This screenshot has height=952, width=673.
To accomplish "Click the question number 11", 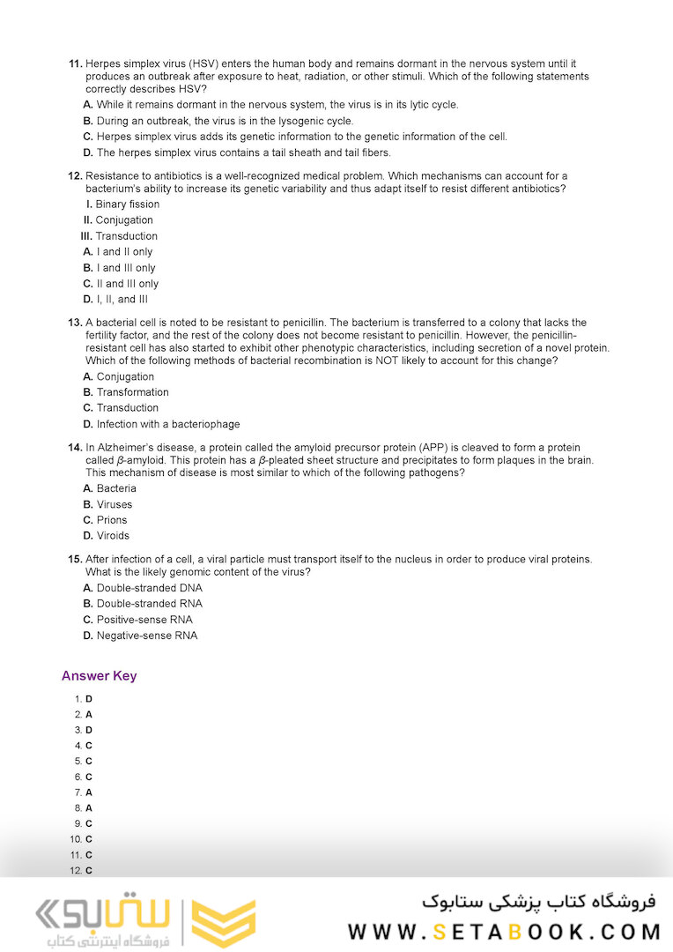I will (x=75, y=64).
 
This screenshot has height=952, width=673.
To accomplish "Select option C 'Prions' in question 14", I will (x=111, y=520).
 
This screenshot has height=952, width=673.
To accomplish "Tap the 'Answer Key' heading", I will (x=99, y=676).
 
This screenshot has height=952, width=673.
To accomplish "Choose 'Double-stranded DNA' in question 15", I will (x=149, y=588).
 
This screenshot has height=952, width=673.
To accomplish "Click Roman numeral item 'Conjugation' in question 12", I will (x=123, y=220).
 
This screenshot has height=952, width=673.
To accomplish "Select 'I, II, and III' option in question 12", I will (x=122, y=300).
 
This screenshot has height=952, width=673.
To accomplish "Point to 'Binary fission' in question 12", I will (x=127, y=205).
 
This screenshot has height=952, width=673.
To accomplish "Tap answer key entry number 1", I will (x=84, y=699).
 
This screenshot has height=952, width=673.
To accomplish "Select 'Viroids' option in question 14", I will (x=112, y=536).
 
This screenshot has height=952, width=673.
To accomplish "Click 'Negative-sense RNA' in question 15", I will (x=146, y=636).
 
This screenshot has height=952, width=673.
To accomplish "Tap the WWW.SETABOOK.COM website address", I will (x=504, y=932).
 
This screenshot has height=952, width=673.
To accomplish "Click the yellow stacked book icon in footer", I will (x=223, y=924).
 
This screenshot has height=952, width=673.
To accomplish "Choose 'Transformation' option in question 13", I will (x=132, y=392).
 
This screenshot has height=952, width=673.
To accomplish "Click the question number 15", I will (x=75, y=560).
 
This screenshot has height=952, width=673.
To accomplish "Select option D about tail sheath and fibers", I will (x=243, y=152).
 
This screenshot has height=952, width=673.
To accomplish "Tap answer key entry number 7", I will (x=84, y=792).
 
